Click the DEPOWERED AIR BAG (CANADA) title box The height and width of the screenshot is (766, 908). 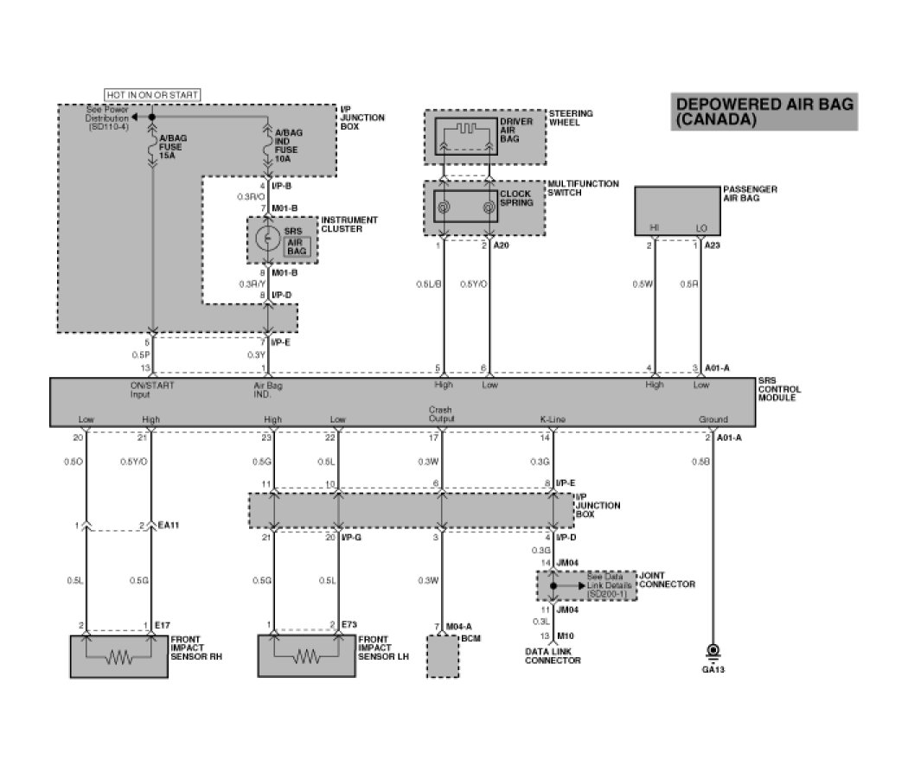[764, 112]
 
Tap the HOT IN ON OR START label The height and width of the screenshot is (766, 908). [152, 93]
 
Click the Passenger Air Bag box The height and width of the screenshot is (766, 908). [683, 211]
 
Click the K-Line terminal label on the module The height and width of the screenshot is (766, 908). [553, 419]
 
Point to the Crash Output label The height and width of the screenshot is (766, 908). [441, 414]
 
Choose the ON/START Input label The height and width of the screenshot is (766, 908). [152, 389]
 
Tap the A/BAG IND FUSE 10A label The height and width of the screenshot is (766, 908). [288, 144]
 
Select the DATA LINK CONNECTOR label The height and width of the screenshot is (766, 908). [553, 655]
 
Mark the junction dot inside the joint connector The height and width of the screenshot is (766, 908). [553, 585]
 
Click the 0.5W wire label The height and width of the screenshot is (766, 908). [641, 284]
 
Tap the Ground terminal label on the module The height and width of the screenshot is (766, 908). [713, 419]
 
